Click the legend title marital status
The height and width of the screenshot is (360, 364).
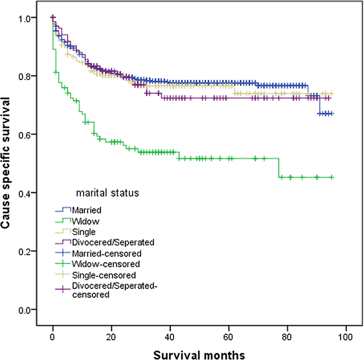click(x=108, y=194)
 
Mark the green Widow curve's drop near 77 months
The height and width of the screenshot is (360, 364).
click(x=279, y=168)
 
